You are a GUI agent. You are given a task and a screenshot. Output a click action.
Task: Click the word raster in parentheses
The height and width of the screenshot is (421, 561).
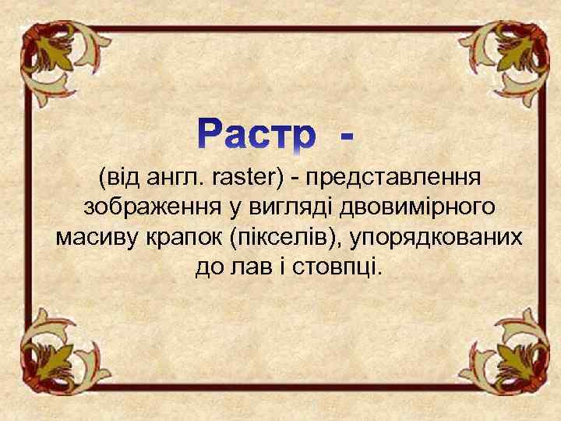click(x=247, y=179)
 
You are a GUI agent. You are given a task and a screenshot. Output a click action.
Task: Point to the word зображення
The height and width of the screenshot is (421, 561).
click(x=141, y=208)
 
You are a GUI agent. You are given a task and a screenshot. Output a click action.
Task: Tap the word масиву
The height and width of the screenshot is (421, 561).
click(x=93, y=238)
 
